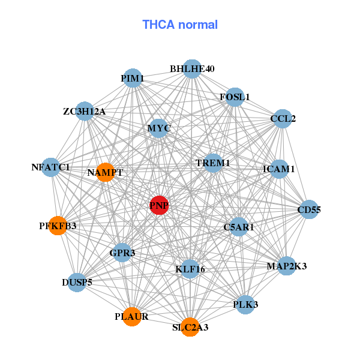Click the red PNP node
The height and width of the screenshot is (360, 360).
click(159, 205)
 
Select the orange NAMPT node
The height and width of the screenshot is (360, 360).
click(106, 172)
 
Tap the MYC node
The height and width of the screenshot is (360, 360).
click(158, 128)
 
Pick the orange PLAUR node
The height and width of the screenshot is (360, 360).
click(132, 317)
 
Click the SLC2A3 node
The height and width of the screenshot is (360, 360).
click(190, 327)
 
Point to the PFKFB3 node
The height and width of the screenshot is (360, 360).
click(58, 226)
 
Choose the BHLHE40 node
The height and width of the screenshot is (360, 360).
click(192, 69)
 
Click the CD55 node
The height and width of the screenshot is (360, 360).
click(309, 209)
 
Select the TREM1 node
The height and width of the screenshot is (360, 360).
click(213, 163)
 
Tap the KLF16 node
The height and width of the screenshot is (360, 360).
click(190, 269)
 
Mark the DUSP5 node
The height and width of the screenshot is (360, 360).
click(77, 283)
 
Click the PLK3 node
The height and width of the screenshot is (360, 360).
click(245, 305)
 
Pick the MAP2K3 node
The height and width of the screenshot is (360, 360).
click(287, 266)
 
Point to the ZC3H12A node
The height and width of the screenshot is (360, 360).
click(85, 111)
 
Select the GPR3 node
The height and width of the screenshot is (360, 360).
click(122, 253)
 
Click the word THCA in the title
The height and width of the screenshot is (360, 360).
click(158, 25)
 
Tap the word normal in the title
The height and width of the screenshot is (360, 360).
click(198, 25)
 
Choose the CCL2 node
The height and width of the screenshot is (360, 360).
click(283, 119)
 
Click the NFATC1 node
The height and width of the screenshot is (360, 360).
click(51, 167)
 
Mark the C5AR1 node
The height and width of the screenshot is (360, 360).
click(239, 227)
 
